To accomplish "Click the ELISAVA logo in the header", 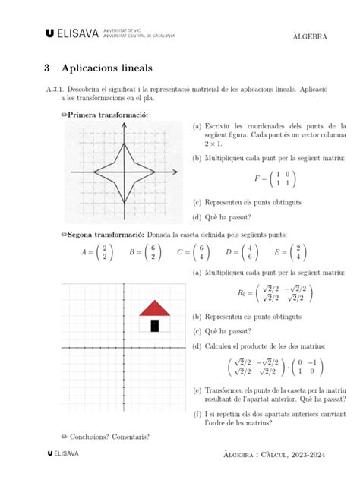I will pos(73,33).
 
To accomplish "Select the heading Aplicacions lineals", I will pos(107,68).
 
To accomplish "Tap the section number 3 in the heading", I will pos(47,68).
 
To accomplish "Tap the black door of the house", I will pos(155,326).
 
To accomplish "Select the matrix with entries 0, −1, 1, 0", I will pos(311,367).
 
